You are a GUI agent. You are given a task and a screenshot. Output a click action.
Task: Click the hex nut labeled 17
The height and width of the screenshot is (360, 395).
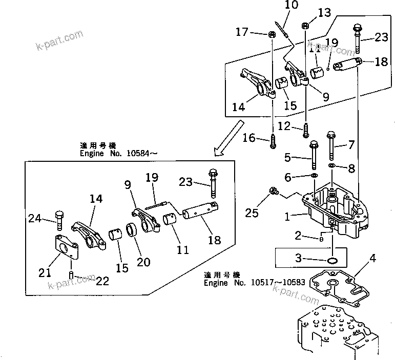(x=271, y=34)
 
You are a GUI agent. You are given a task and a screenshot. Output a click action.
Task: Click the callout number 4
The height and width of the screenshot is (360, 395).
(x=372, y=259)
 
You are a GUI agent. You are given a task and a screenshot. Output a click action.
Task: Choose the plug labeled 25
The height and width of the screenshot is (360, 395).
(x=273, y=192)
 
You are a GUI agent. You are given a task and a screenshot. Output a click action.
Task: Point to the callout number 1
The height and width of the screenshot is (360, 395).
(x=289, y=217)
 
